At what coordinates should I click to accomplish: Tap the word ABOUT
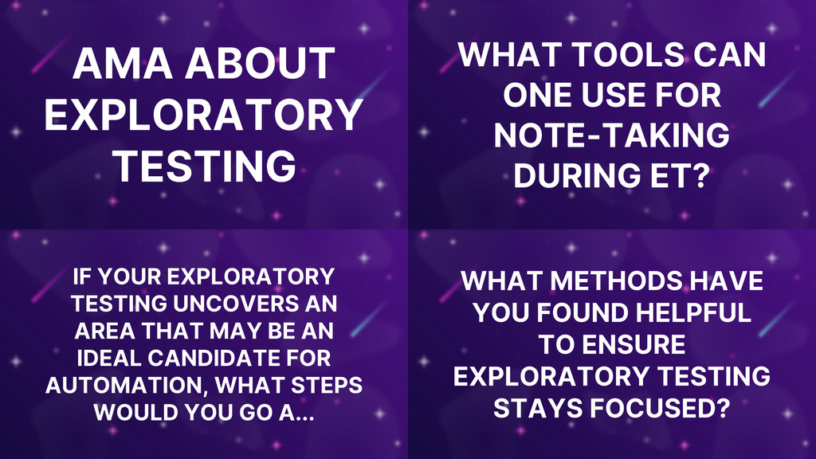pyautogui.click(x=265, y=64)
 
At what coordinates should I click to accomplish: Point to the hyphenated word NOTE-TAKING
pyautogui.click(x=611, y=135)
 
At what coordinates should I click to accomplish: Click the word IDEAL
pyautogui.click(x=114, y=358)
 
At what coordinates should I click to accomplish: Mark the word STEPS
pyautogui.click(x=324, y=386)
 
